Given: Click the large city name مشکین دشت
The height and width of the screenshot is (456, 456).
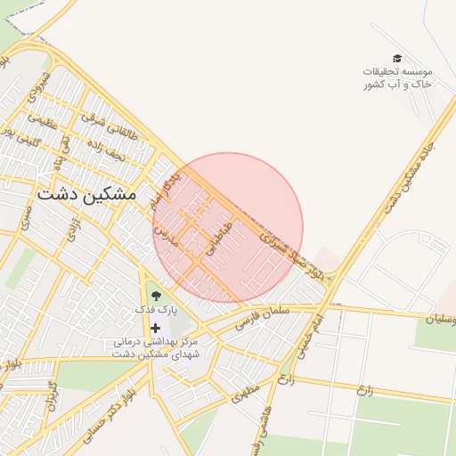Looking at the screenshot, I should (87, 192).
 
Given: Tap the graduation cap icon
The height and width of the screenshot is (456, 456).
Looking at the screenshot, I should (397, 59).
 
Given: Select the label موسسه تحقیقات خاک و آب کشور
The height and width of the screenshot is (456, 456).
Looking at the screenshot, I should (397, 77).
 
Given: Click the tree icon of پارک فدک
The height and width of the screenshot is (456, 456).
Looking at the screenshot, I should (156, 295).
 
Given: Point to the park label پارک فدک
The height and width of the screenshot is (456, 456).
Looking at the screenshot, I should (157, 310).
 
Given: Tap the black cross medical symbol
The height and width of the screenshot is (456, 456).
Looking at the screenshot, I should (156, 329).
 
